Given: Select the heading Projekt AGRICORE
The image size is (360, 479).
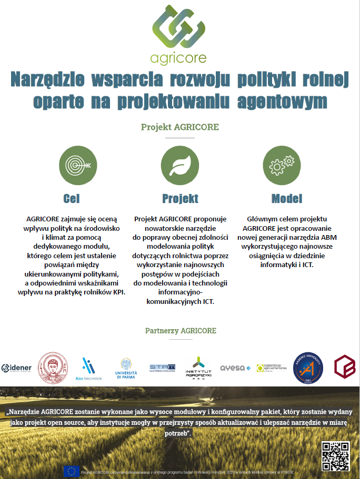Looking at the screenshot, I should (179, 127).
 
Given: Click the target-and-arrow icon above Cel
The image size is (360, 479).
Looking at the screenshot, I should (77, 165).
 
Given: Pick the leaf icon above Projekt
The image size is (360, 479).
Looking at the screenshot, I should (179, 165).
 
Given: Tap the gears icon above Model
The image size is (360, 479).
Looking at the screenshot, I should (282, 165).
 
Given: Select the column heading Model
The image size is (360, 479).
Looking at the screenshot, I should (287, 199).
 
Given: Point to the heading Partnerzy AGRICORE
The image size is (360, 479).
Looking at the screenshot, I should (180, 331).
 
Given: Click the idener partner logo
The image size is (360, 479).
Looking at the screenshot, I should (17, 367).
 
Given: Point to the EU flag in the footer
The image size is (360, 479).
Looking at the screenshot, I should (72, 471).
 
